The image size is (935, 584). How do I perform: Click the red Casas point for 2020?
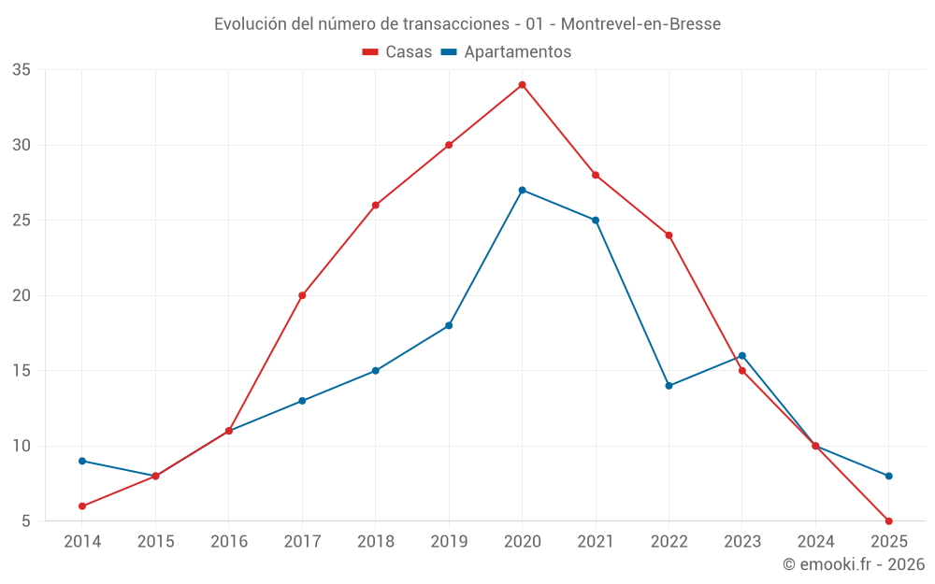click(x=523, y=85)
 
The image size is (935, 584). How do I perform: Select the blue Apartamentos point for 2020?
click(x=523, y=190)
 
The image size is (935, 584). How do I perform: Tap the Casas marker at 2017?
click(x=302, y=295)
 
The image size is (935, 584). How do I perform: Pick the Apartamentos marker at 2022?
click(x=669, y=386)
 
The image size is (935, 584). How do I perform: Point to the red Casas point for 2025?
click(x=889, y=521)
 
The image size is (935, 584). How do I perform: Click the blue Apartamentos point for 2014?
click(x=82, y=461)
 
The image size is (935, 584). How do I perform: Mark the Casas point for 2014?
click(x=82, y=506)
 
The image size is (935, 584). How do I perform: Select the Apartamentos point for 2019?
click(x=449, y=325)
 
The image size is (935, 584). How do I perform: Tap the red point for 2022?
click(x=669, y=235)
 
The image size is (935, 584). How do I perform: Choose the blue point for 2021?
click(x=596, y=221)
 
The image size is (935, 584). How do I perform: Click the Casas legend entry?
click(x=397, y=52)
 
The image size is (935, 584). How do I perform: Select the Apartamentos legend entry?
click(x=506, y=52)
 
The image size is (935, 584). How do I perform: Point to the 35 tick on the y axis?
click(x=22, y=70)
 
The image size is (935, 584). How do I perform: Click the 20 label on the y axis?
click(x=22, y=295)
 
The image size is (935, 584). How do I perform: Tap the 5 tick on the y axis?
click(x=26, y=521)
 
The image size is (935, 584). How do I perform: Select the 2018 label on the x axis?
click(x=375, y=542)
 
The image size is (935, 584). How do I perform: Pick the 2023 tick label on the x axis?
click(x=742, y=542)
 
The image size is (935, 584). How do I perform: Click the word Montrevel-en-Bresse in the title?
click(x=640, y=24)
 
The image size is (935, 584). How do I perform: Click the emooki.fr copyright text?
click(x=854, y=564)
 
